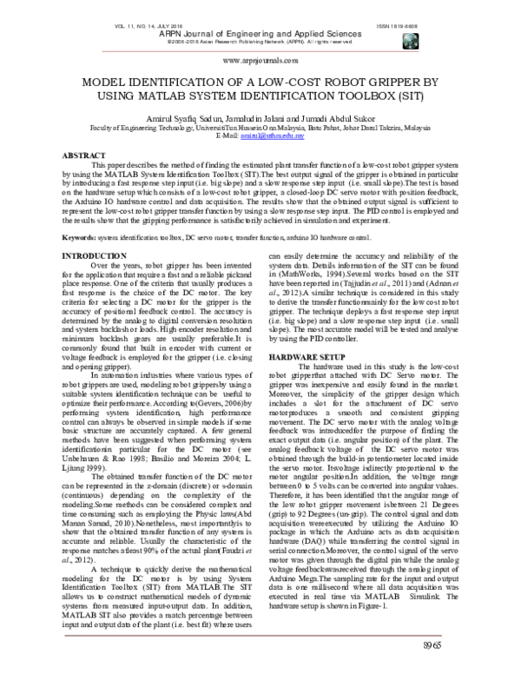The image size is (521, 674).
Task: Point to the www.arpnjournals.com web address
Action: [x=260, y=62]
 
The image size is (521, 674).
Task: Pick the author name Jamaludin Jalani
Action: [x=262, y=117]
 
